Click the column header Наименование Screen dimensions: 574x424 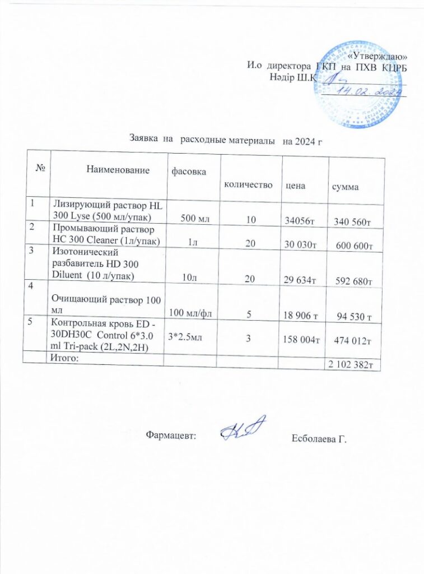pos(118,169)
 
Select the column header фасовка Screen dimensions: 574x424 pos(188,169)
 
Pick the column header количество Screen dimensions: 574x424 pos(248,184)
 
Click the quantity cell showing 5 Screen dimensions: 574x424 pos(248,317)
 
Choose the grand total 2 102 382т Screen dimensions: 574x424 pos(351,365)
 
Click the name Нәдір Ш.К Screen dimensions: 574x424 pos(293,76)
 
